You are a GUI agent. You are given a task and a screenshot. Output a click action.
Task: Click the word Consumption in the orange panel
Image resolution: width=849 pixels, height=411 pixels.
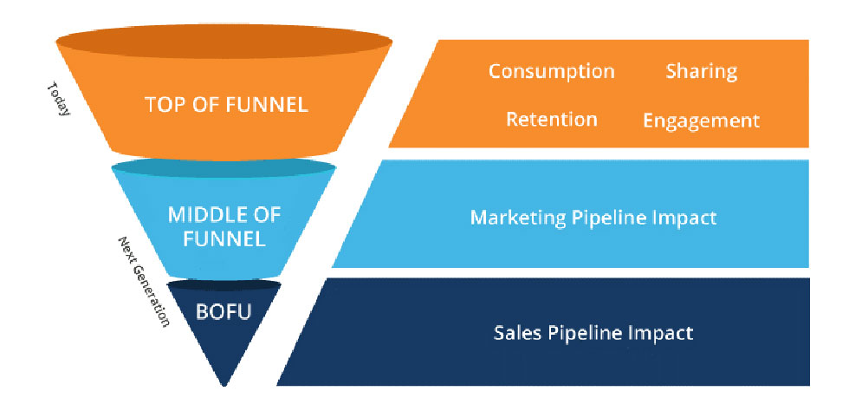tap(551, 71)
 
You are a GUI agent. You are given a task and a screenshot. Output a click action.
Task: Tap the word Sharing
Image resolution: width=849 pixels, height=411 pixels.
tap(701, 71)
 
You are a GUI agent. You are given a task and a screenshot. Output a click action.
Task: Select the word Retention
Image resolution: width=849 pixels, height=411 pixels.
tap(551, 119)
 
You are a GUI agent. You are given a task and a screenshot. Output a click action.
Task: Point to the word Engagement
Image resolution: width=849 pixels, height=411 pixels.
tap(701, 120)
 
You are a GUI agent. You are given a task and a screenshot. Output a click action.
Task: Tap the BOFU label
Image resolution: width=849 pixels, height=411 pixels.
tap(224, 310)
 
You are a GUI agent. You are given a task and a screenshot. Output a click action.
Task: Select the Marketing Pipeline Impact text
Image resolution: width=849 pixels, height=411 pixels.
tap(593, 217)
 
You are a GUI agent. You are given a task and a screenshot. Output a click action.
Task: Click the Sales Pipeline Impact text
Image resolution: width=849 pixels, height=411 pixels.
tap(593, 332)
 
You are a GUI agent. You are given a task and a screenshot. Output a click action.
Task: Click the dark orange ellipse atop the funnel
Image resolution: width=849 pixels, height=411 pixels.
tap(224, 42)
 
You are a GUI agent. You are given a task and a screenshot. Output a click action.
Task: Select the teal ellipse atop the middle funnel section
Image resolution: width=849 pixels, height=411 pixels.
tap(224, 166)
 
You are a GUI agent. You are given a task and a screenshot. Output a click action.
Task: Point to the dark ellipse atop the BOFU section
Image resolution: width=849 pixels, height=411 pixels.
tap(224, 284)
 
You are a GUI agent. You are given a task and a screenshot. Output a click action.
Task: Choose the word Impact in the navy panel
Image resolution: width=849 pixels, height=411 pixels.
tap(664, 332)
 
